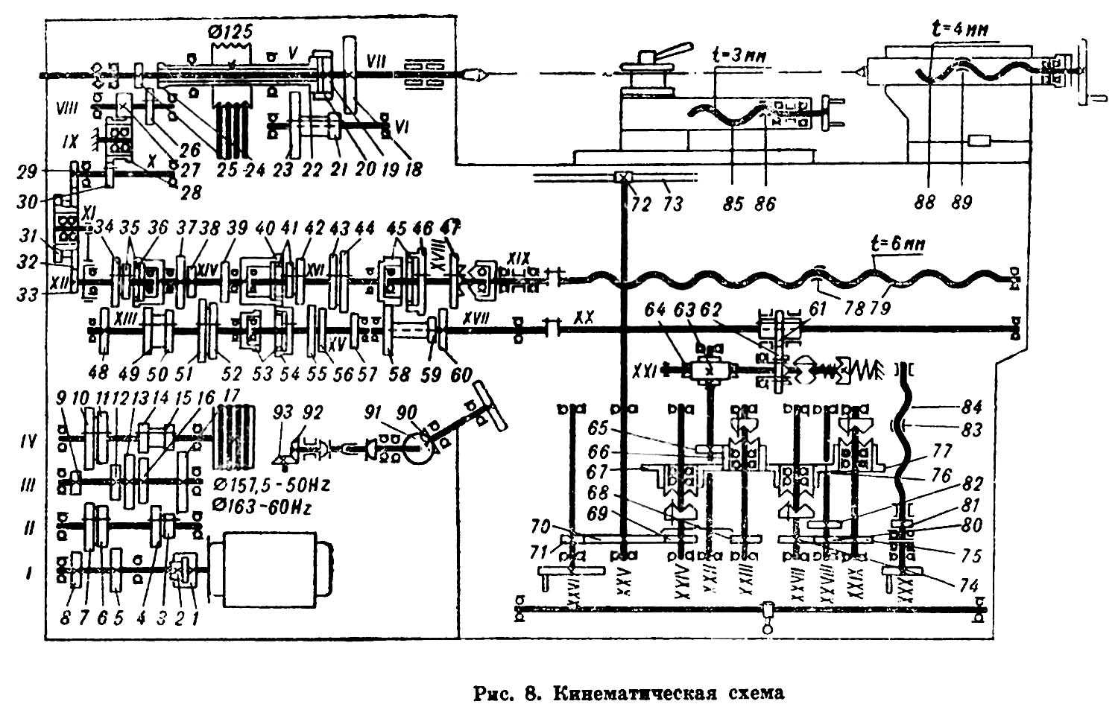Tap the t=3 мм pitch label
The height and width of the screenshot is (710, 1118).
point(740,57)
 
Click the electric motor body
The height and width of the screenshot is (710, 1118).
point(271,565)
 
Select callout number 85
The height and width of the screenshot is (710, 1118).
point(733,203)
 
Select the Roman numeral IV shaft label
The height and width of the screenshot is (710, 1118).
point(29,442)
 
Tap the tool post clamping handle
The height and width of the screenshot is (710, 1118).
point(666,53)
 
